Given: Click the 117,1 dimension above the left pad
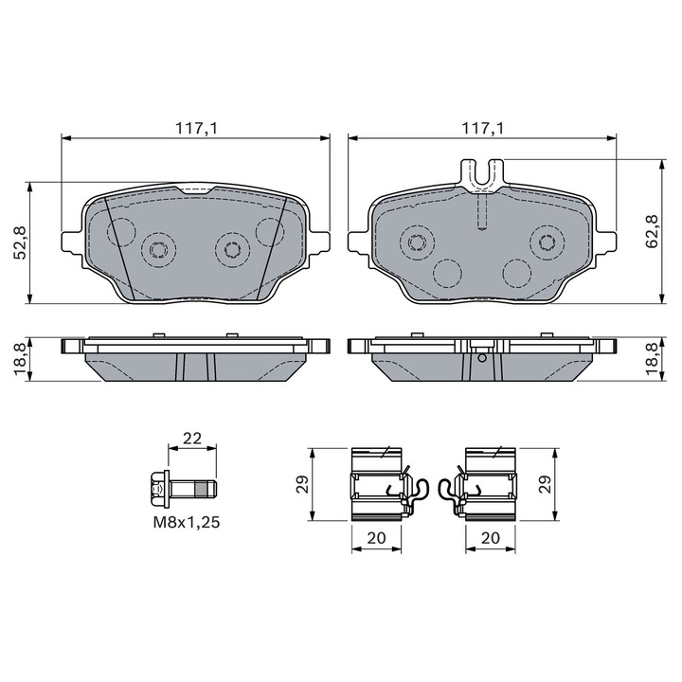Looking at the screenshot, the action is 196,128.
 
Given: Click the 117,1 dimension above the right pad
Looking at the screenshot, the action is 482,128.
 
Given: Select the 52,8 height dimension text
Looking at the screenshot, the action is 21,242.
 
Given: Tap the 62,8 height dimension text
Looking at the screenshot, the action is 653,231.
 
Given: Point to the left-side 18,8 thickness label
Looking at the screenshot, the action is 20,359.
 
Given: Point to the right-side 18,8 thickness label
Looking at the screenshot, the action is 653,359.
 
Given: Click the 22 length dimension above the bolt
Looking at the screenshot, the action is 192,438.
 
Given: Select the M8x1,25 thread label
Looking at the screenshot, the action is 187,522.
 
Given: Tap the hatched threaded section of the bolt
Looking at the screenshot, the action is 201,490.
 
